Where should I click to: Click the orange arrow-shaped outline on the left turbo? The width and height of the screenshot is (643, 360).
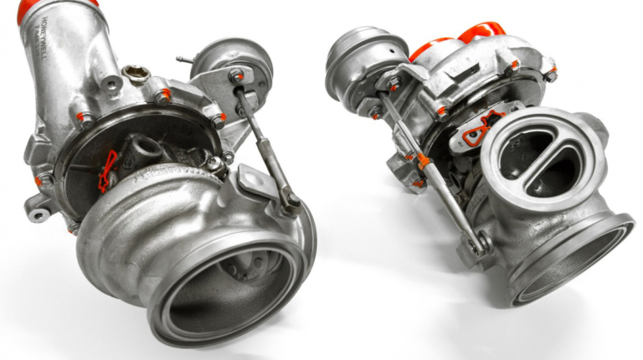(x=106, y=171)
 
